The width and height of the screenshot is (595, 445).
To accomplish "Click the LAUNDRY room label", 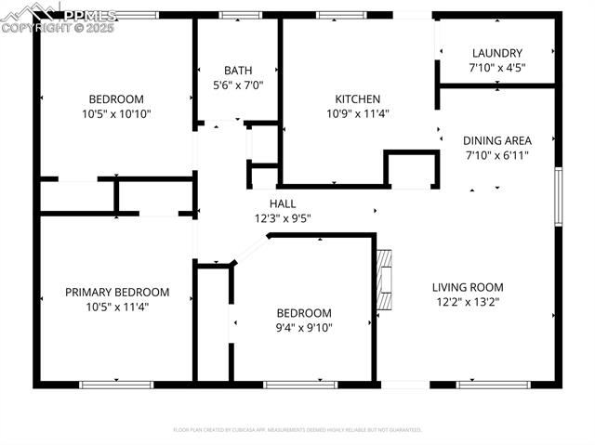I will pyautogui.click(x=496, y=53).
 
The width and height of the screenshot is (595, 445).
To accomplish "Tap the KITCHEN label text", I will pyautogui.click(x=358, y=99).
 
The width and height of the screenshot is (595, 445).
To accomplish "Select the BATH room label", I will pyautogui.click(x=238, y=71).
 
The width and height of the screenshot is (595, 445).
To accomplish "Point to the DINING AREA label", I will pyautogui.click(x=497, y=140).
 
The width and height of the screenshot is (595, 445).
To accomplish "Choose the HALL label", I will pyautogui.click(x=283, y=203).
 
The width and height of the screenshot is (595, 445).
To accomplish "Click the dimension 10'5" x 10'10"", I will pyautogui.click(x=116, y=114).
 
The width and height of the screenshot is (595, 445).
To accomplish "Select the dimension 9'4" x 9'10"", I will pyautogui.click(x=303, y=327).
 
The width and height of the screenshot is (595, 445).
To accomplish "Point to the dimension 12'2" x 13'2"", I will pyautogui.click(x=468, y=302).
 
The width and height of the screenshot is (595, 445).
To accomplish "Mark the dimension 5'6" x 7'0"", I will pyautogui.click(x=238, y=85).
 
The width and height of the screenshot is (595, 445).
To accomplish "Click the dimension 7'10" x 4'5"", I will pyautogui.click(x=496, y=68).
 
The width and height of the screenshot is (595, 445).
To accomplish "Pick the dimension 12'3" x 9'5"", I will pyautogui.click(x=283, y=218).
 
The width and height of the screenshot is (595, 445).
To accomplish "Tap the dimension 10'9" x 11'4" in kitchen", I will pyautogui.click(x=358, y=114).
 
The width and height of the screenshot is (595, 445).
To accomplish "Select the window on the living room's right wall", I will pyautogui.click(x=558, y=195).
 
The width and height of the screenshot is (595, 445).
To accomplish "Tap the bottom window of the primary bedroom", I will pyautogui.click(x=116, y=384).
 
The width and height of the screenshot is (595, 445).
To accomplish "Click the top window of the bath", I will pyautogui.click(x=240, y=15).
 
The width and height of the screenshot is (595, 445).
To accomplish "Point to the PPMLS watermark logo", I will pyautogui.click(x=58, y=17).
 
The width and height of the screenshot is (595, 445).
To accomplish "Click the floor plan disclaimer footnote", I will pyautogui.click(x=297, y=430).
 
